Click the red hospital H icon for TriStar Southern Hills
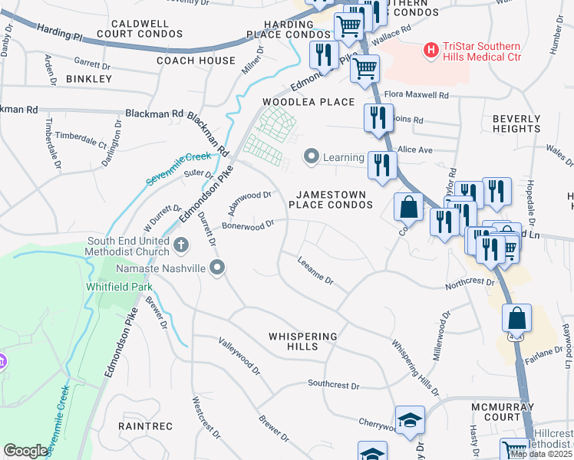pos(431,51)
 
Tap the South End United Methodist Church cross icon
pos(181,245)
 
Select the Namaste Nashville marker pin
pos(218,268)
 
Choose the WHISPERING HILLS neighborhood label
pos(303,341)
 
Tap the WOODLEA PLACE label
pos(309,102)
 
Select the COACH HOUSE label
pos(196,61)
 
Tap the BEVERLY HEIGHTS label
pos(516,124)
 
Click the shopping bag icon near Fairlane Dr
pos(517,318)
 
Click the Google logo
pos(25,451)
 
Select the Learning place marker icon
pos(312,157)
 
